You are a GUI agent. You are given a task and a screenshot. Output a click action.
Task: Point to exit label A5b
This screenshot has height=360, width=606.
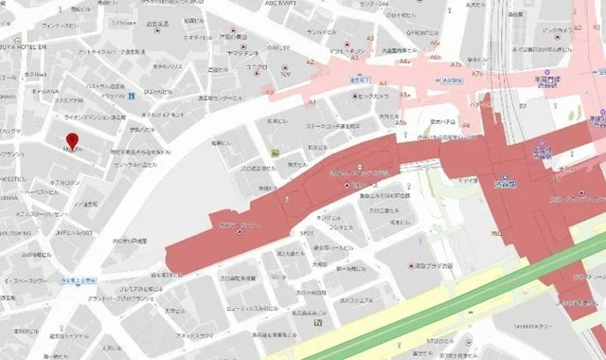click(x=401, y=123)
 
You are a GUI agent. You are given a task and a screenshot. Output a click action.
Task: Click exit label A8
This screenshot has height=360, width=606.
click(x=465, y=125)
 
